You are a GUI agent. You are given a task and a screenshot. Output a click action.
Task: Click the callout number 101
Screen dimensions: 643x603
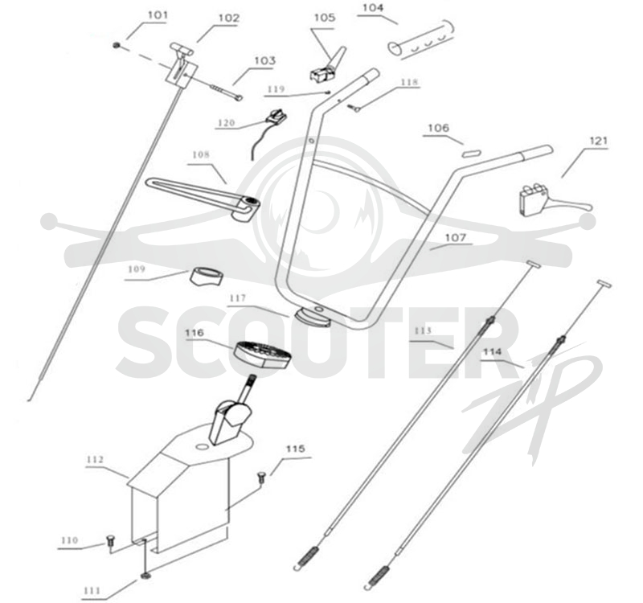click(x=158, y=15)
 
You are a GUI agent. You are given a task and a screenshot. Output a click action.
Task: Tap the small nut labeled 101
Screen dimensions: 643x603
click(x=117, y=45)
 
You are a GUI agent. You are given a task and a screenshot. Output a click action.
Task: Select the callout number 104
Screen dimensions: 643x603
click(x=373, y=8)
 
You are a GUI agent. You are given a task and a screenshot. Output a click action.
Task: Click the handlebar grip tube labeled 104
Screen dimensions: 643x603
click(x=421, y=39)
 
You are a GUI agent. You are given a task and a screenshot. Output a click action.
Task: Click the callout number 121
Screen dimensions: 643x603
click(x=598, y=142)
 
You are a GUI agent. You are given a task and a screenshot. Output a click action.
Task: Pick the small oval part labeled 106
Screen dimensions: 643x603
click(x=470, y=154)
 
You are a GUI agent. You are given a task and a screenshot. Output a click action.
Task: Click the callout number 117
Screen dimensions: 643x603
click(x=238, y=298)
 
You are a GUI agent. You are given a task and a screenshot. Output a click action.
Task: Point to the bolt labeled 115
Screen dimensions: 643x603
click(x=261, y=478)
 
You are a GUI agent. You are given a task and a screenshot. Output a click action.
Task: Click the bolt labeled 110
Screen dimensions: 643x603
click(x=110, y=541)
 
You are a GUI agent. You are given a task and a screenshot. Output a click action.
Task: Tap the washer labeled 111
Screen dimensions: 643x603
click(x=145, y=576)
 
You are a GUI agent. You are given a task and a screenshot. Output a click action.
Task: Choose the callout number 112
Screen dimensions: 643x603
click(x=95, y=460)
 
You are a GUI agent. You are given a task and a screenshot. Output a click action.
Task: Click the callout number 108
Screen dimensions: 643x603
click(x=201, y=154)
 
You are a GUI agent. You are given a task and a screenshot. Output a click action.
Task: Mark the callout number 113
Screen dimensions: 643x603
click(x=423, y=330)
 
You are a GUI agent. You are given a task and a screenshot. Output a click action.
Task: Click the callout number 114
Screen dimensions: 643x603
click(x=492, y=352)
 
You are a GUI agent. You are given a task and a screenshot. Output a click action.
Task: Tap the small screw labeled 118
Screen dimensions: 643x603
click(x=354, y=108)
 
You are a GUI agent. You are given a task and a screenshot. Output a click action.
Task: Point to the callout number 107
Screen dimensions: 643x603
click(x=456, y=237)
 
